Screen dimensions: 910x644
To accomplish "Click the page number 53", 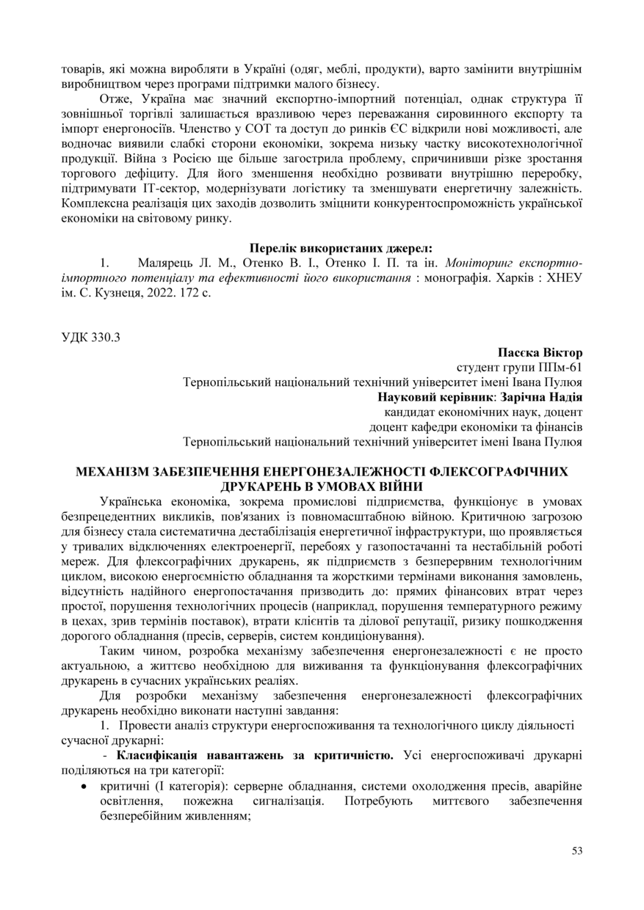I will point(576,851).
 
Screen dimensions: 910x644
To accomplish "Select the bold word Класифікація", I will point(153,755).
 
